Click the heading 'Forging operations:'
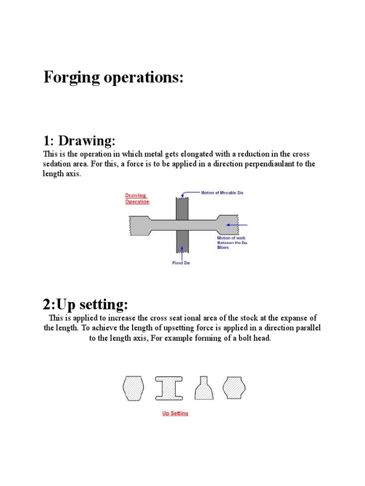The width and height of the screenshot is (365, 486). pos(113,77)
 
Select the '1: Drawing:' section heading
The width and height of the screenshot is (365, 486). pos(79,141)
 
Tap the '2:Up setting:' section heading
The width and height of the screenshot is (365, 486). pos(86,304)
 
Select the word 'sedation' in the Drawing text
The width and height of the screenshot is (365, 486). pos(57,164)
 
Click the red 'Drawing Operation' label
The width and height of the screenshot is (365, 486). pos(137,198)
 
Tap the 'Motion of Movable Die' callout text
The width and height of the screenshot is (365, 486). pos(222,194)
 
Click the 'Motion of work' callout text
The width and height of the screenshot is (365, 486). pos(231,238)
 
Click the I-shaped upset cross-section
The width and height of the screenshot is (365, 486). pos(169,388)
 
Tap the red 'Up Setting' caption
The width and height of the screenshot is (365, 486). pos(175,413)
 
